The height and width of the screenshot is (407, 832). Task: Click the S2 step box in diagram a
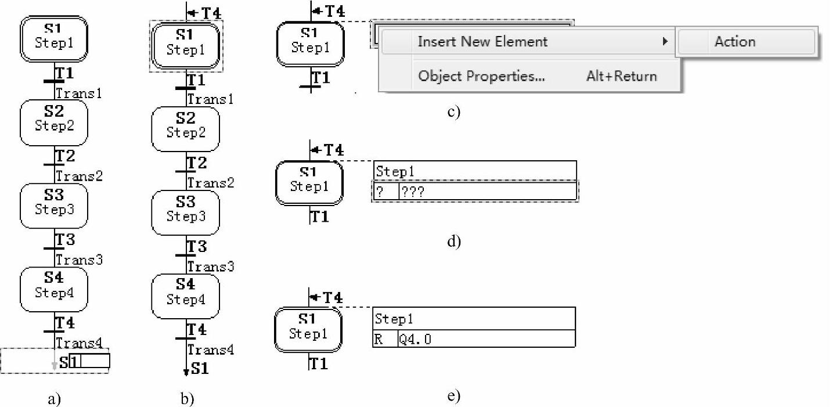click(53, 122)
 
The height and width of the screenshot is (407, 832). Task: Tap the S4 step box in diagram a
click(53, 289)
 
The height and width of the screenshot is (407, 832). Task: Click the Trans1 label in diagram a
click(79, 93)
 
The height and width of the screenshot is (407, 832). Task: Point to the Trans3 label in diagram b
click(211, 266)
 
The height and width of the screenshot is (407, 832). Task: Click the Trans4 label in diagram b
click(211, 350)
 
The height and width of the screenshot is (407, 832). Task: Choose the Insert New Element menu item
click(482, 42)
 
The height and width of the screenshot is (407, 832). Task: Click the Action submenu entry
click(734, 42)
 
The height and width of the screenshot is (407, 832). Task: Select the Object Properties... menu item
click(481, 76)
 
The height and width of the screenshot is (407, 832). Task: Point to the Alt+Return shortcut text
click(621, 76)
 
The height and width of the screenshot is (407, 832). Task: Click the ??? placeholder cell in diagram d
click(487, 192)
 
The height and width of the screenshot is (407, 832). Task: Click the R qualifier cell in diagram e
click(384, 339)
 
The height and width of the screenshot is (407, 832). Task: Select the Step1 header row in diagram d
click(475, 171)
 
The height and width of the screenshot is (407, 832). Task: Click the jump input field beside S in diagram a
click(89, 361)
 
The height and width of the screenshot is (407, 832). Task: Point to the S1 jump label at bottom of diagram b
click(200, 369)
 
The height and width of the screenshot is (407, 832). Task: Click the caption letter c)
click(453, 111)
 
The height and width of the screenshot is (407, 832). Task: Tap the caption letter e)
click(454, 397)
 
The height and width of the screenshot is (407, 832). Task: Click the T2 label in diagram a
click(65, 156)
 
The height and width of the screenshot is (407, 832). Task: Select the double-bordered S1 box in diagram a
click(53, 38)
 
